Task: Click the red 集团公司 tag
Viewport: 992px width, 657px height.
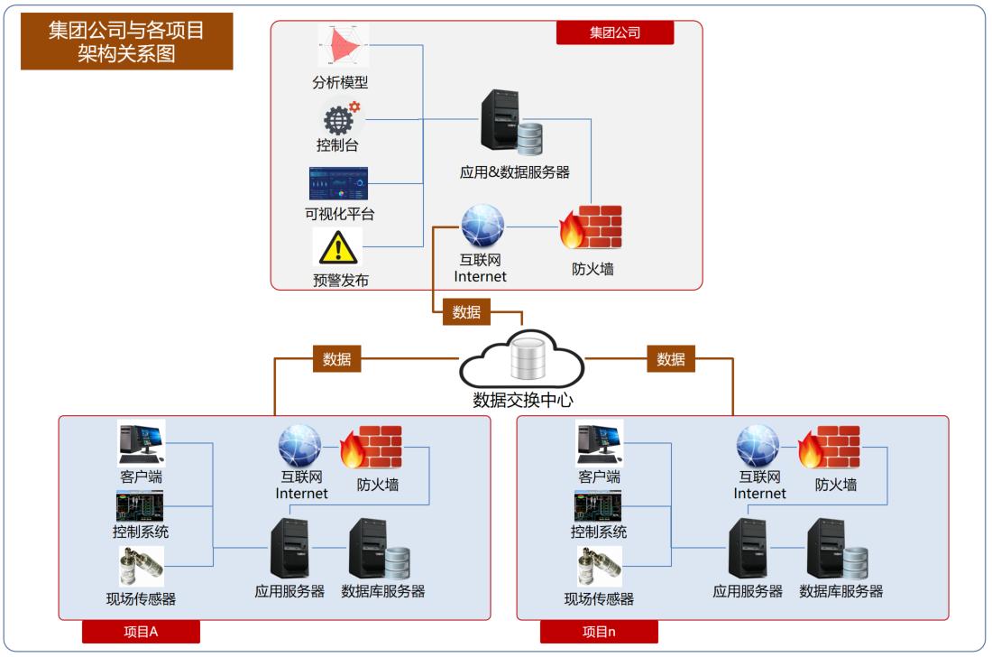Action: pos(615,32)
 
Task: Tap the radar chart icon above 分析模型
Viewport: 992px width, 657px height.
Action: pos(344,46)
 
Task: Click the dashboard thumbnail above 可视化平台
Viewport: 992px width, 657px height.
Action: pos(338,183)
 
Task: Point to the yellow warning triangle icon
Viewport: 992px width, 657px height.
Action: pos(338,246)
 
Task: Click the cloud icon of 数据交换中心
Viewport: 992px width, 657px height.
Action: pos(523,360)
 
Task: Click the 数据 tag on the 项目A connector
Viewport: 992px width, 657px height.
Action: pos(336,358)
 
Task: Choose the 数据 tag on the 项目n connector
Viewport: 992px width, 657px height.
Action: pos(671,358)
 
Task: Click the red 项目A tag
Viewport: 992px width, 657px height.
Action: pos(141,631)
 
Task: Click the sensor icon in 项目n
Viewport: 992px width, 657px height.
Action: pos(600,567)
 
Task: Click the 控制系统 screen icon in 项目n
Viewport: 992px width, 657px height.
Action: pos(599,506)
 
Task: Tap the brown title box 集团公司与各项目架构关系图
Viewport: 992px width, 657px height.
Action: pos(126,41)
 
